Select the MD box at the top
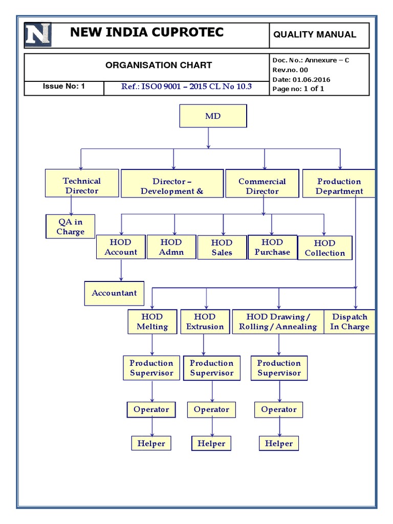[213, 116]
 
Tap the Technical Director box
[81, 185]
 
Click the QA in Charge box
[70, 227]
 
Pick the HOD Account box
[121, 247]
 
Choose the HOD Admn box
[171, 247]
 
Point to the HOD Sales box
[222, 247]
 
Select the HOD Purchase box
[272, 247]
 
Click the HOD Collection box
[324, 248]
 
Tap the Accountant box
[114, 293]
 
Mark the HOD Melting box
[152, 322]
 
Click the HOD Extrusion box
[205, 322]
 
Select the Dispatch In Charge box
[350, 322]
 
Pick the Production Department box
[339, 186]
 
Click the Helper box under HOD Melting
[151, 443]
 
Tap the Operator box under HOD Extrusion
[211, 409]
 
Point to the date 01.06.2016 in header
[311, 79]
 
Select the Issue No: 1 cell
[64, 86]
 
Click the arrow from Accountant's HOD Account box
[121, 270]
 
